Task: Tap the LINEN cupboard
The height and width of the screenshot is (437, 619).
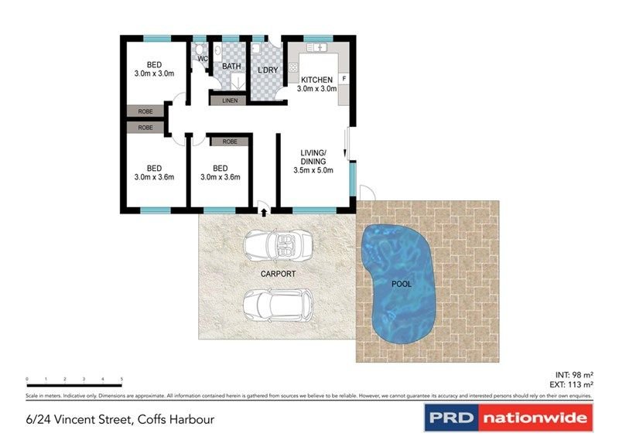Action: coord(230,101)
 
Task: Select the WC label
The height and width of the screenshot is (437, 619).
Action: coord(202,59)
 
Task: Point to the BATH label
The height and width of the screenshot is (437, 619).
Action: coord(231,67)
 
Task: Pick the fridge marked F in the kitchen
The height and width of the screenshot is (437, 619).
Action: coord(344,78)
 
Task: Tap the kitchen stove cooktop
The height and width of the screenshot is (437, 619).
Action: coord(294,68)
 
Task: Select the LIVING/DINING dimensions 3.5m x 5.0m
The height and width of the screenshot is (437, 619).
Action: coord(313,170)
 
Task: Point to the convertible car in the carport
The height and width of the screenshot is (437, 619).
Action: coord(278,247)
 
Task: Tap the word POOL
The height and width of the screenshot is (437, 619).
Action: coord(401,284)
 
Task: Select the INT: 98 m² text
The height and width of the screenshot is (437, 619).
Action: coord(573,374)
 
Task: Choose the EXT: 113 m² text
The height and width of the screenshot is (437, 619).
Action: coord(572,384)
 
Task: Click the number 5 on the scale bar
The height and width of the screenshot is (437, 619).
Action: coord(121,379)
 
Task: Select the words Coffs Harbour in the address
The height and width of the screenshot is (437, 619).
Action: coord(176,420)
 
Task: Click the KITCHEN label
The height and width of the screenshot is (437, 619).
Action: coord(316,80)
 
